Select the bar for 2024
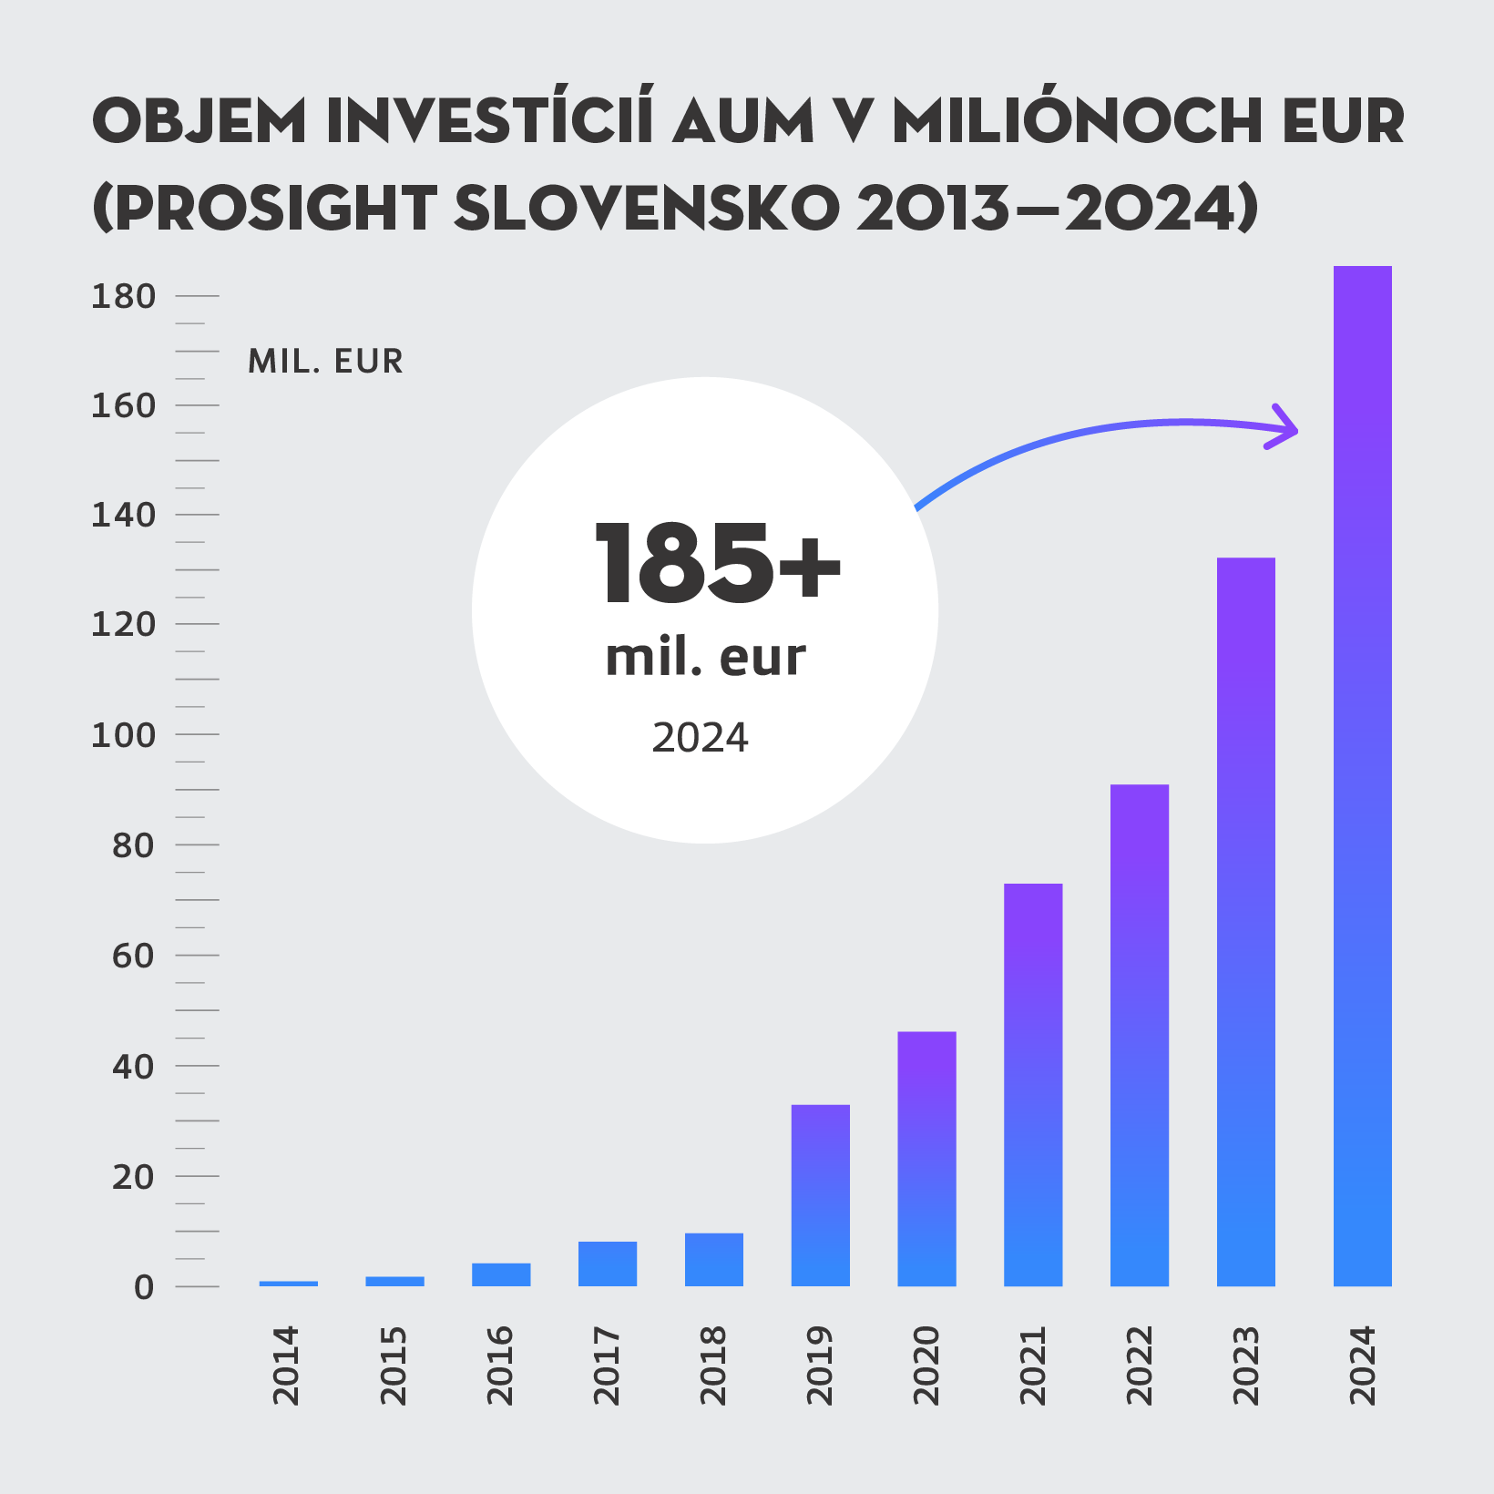1362,774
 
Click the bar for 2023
1245,920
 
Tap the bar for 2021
1033,1084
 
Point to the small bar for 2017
608,1264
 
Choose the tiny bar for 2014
289,1284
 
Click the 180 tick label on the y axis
124,297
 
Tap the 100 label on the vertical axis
124,735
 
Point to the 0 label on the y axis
144,1287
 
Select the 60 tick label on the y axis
133,957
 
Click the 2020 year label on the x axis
926,1366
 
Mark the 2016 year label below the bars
500,1366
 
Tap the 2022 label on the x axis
1140,1366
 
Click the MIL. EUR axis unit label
325,362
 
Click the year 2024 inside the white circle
700,738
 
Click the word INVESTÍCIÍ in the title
490,120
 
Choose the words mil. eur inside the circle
705,658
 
